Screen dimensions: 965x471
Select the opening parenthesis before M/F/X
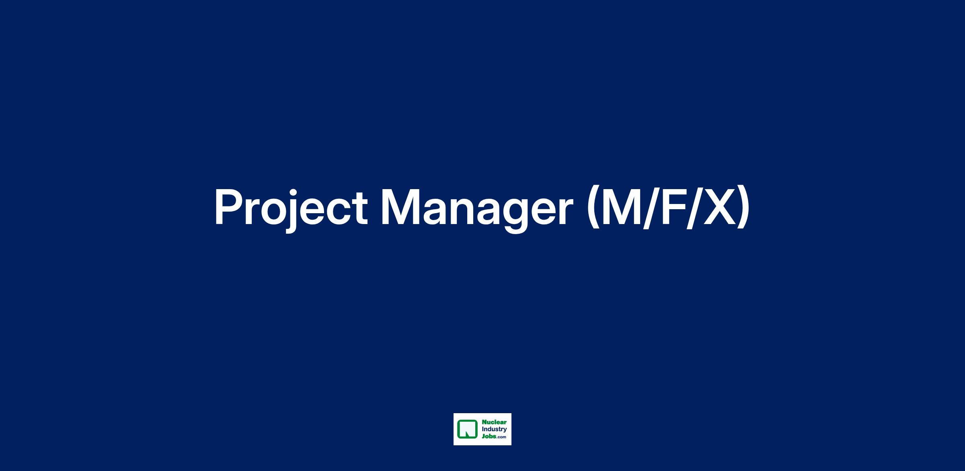click(x=594, y=208)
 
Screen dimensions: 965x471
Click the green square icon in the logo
click(x=468, y=429)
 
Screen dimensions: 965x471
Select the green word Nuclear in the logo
click(x=494, y=422)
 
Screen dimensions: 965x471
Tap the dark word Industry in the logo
click(x=494, y=430)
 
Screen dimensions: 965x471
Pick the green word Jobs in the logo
click(x=489, y=436)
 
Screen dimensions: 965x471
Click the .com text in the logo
click(x=501, y=437)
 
